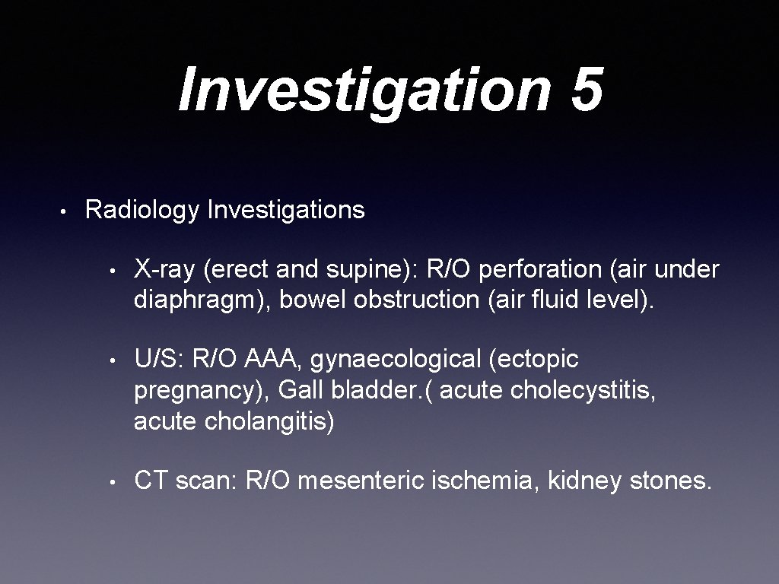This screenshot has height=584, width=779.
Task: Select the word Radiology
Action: pos(141,210)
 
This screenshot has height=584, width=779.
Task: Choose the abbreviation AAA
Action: pos(273,358)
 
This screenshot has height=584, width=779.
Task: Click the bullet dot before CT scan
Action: pos(112,481)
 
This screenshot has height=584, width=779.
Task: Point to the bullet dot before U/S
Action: pos(112,359)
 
